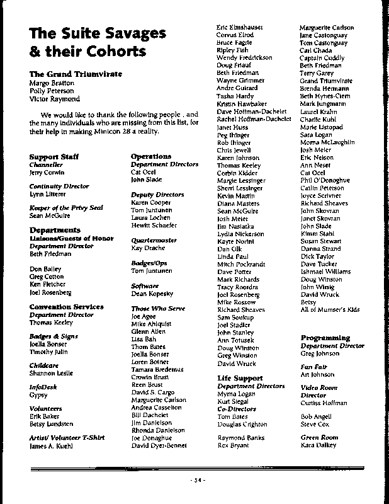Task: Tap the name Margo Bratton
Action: (52, 83)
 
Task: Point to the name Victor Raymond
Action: (55, 99)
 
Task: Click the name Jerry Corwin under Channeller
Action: (47, 172)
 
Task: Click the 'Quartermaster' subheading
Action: (151, 241)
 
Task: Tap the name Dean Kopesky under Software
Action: (152, 294)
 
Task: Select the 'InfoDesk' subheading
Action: (42, 387)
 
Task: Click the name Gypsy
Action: (38, 395)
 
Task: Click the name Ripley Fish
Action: (232, 49)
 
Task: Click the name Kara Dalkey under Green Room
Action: (319, 446)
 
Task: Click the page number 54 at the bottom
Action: (196, 481)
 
